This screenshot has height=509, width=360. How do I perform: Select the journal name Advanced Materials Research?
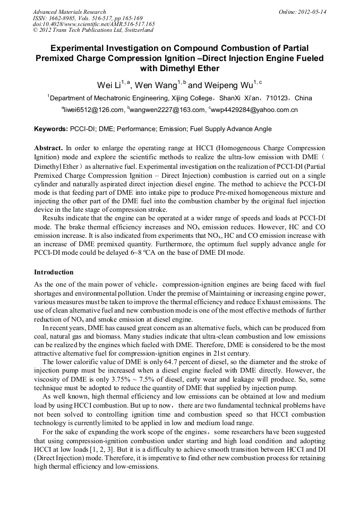pos(69,12)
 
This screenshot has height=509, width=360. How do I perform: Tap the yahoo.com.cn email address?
pos(254,110)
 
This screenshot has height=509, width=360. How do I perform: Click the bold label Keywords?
pos(50,129)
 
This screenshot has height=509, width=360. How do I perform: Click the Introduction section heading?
pos(54,272)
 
